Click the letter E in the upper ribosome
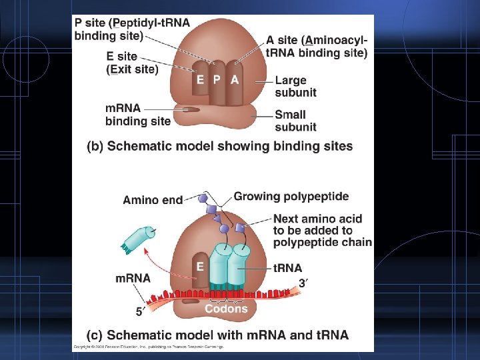[201, 79]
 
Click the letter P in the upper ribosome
[217, 79]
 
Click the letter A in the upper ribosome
[234, 79]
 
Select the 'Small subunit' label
[295, 121]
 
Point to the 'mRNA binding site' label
[137, 115]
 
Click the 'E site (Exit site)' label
[132, 63]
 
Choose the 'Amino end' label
[153, 199]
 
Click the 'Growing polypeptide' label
[291, 197]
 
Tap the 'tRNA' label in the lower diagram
[288, 268]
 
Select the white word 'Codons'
[226, 309]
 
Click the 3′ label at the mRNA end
[304, 283]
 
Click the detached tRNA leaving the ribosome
[137, 239]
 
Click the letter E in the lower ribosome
[199, 266]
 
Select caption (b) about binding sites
[220, 146]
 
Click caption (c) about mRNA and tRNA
[217, 334]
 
